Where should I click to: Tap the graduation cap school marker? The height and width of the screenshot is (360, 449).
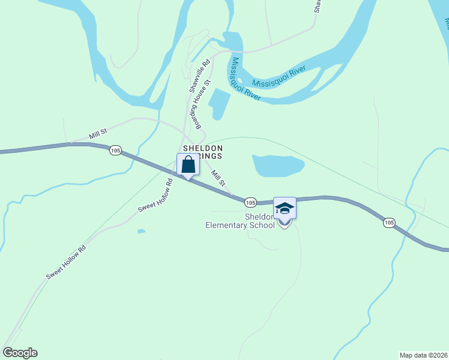[285, 209]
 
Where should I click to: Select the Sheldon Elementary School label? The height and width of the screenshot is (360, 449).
[240, 221]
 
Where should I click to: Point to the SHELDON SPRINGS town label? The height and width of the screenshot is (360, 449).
[203, 152]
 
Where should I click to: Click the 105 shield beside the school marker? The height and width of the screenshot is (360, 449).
[251, 202]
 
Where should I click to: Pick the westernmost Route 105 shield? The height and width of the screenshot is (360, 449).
[115, 150]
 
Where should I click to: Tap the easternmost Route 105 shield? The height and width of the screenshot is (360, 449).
[389, 223]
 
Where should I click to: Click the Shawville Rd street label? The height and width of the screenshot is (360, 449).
[199, 74]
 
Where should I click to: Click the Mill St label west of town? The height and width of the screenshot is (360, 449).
[98, 133]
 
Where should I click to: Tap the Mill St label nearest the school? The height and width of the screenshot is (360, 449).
[218, 178]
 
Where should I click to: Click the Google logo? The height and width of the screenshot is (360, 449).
[20, 353]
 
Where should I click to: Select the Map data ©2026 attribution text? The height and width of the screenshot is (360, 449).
[424, 354]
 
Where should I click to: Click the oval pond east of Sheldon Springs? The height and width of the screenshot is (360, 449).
[278, 165]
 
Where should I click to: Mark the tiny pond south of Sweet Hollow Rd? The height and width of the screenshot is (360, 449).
[141, 231]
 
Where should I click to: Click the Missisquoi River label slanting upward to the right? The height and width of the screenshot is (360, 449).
[279, 76]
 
